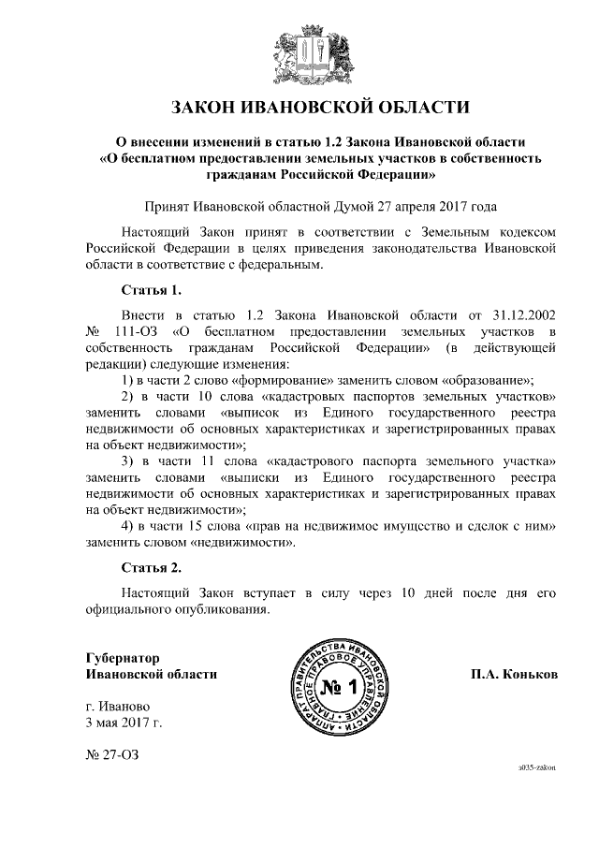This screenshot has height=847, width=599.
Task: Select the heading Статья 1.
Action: tap(152, 289)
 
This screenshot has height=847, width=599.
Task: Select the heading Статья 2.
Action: tap(152, 567)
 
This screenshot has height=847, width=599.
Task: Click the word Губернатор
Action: tap(123, 658)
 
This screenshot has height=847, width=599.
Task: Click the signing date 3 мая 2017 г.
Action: tap(124, 723)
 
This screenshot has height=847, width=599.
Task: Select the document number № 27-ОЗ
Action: tap(111, 754)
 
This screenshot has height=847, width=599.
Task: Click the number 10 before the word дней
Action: tap(407, 594)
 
